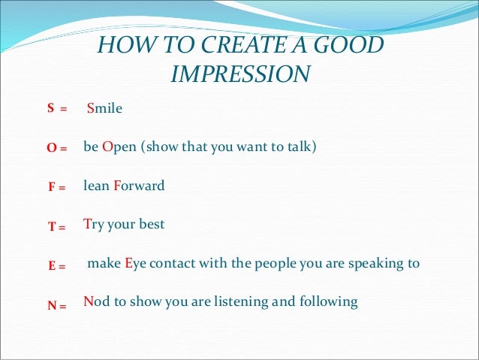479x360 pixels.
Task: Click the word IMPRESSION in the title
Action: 240,74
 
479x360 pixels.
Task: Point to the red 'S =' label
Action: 57,109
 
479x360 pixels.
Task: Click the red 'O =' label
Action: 57,149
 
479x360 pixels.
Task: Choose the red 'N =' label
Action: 57,305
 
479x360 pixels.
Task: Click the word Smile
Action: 104,108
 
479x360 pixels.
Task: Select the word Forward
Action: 139,186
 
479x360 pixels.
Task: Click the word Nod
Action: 96,302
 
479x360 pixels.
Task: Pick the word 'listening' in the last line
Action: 246,303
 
